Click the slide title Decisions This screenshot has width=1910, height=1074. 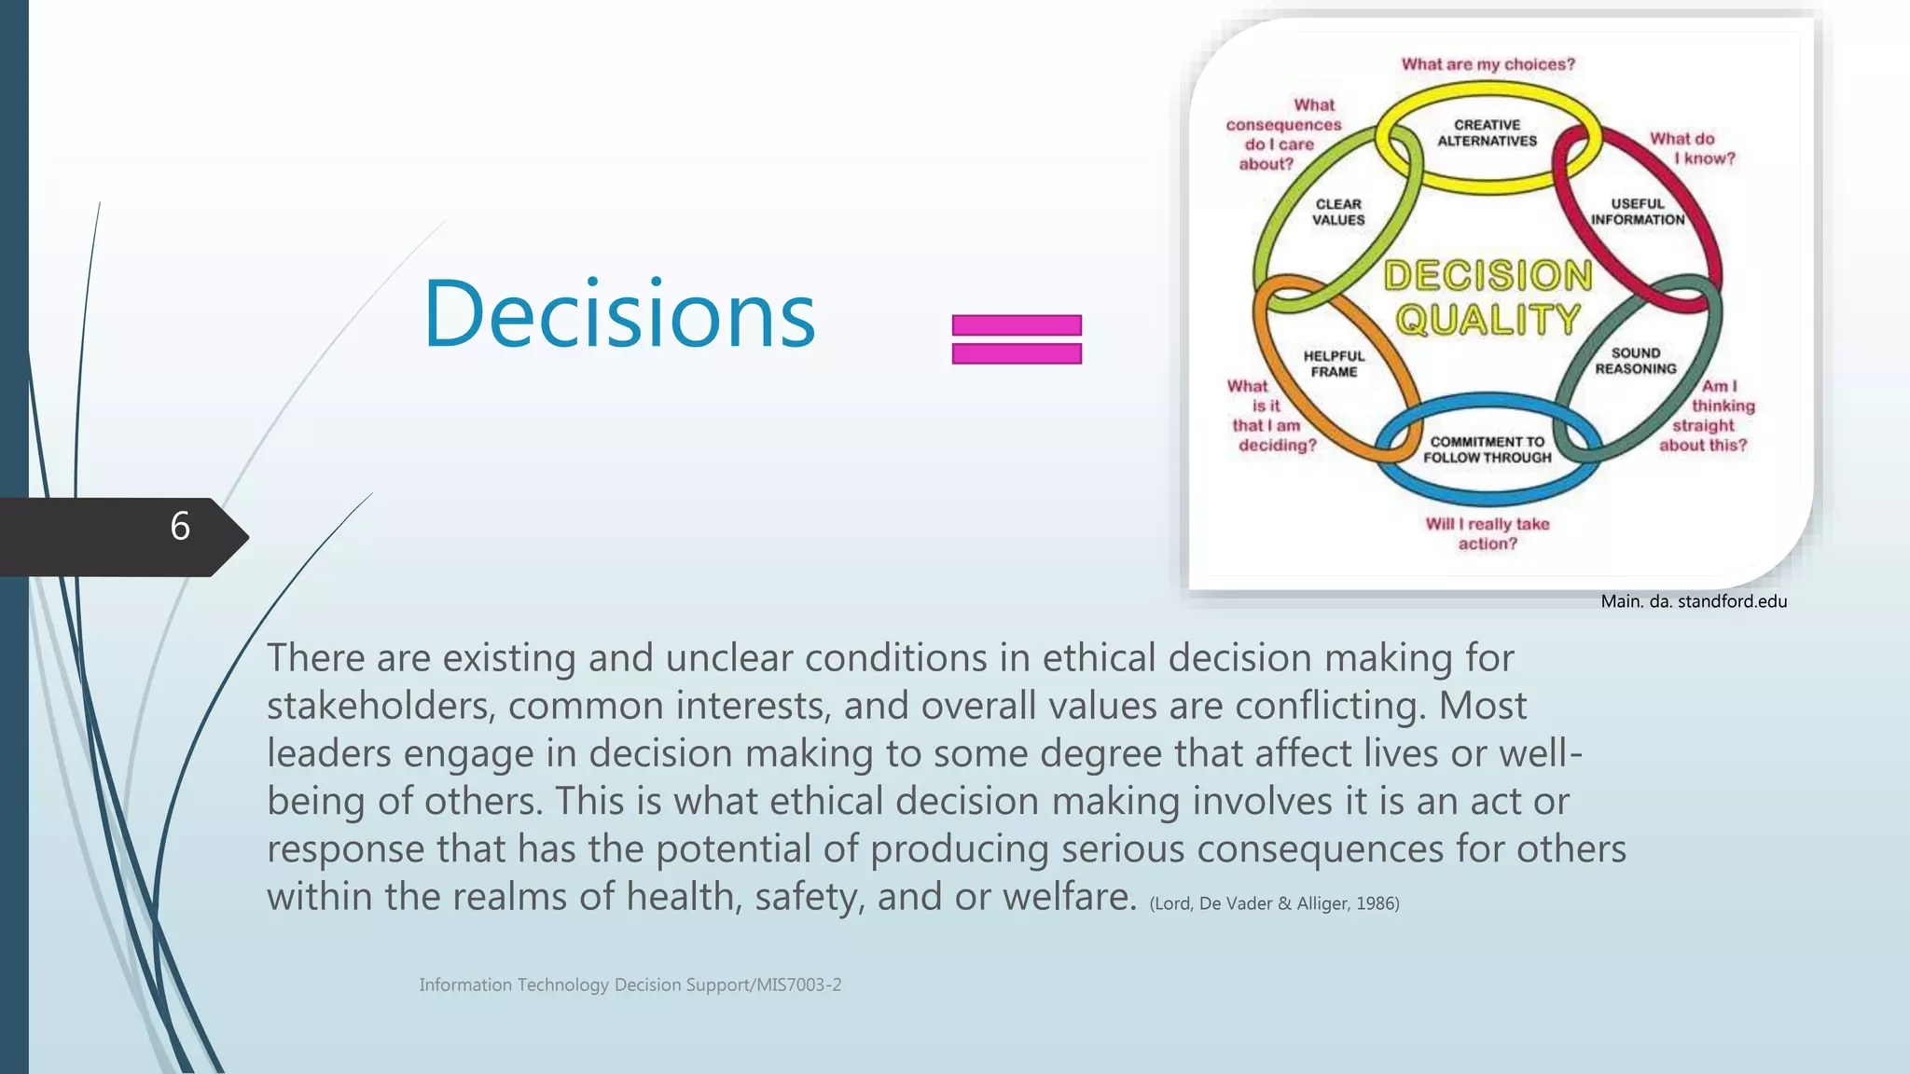click(x=619, y=314)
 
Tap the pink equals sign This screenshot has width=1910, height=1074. click(x=1017, y=339)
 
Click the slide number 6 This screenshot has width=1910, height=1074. click(x=180, y=527)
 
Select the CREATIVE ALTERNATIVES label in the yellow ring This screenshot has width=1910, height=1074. click(x=1487, y=133)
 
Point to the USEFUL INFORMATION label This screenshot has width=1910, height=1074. click(x=1637, y=212)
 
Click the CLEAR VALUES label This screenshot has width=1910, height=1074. click(x=1338, y=212)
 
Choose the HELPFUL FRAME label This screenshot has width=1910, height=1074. click(x=1334, y=364)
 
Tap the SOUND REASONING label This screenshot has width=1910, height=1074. click(x=1635, y=361)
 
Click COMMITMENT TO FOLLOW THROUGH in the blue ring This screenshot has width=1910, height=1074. click(x=1487, y=449)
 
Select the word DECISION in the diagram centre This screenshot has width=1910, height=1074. click(x=1488, y=276)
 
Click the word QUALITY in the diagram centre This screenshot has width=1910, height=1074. click(x=1488, y=320)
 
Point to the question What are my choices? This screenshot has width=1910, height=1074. click(x=1488, y=64)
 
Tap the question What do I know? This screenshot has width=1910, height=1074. click(x=1691, y=148)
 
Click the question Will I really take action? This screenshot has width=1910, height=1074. click(x=1487, y=533)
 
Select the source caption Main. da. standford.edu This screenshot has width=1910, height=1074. click(x=1694, y=601)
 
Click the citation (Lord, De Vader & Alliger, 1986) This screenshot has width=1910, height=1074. click(x=1274, y=903)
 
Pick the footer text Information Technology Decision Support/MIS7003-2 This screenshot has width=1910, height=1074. click(x=630, y=984)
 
